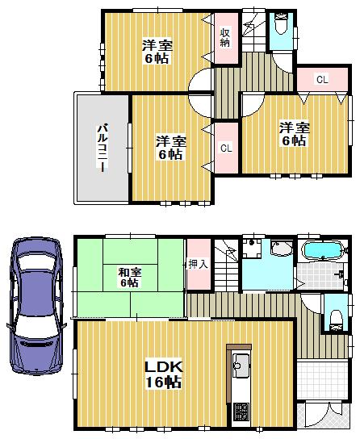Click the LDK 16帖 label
[164, 374]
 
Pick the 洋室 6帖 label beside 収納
[157, 52]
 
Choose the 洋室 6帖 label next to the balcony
[170, 148]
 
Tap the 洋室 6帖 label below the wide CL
[293, 133]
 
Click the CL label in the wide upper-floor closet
[320, 80]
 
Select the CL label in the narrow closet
[226, 148]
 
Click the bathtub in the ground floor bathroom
[322, 252]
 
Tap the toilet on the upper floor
[280, 26]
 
